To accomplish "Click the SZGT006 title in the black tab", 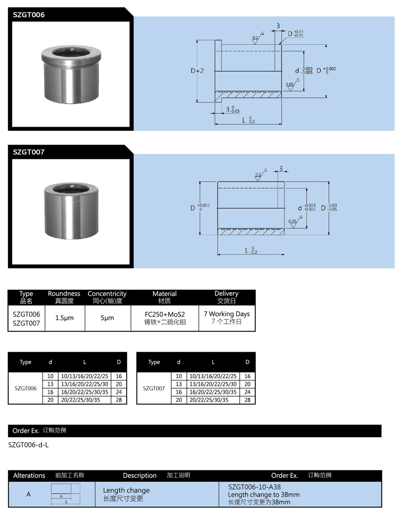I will (x=29, y=15).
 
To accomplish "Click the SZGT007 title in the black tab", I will (x=29, y=152).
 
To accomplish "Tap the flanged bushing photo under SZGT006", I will (x=71, y=75).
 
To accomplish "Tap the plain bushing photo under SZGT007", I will (x=71, y=211).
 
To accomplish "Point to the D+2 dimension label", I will (x=197, y=71).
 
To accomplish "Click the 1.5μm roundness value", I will (x=64, y=318).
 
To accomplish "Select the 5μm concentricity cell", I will (x=107, y=318).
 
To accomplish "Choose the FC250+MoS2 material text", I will (x=164, y=314).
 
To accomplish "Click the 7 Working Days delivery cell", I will (x=226, y=314).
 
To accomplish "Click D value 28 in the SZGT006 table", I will (x=119, y=400).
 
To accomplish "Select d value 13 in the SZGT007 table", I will (x=179, y=384).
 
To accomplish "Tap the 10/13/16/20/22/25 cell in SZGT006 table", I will (x=85, y=376).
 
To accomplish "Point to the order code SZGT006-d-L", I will (x=28, y=445).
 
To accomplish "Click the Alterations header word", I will (x=29, y=475).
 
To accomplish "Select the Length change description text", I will (x=126, y=491).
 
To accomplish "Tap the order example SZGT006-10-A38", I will (x=254, y=487).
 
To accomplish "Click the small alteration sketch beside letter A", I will (x=66, y=494).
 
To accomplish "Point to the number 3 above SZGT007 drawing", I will (x=281, y=169).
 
